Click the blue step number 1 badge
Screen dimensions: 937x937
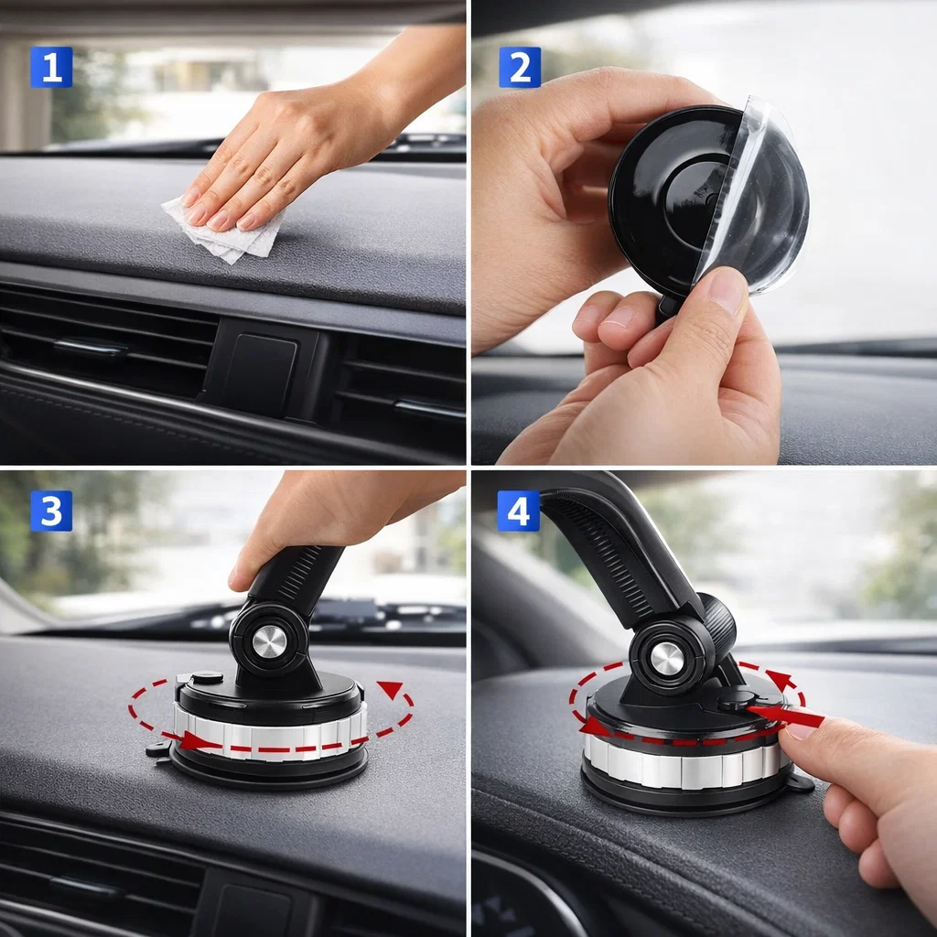coord(51,68)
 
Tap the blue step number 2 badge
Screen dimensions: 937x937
coord(520,68)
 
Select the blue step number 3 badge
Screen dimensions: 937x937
coord(51,511)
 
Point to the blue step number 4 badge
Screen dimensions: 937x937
coord(519,511)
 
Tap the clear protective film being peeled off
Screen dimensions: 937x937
coord(756,198)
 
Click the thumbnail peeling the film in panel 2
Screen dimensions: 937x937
coord(727,290)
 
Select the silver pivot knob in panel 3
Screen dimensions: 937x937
coord(269,642)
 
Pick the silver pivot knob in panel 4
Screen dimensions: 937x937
coord(667,659)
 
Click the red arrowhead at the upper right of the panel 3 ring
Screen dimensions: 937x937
coord(390,689)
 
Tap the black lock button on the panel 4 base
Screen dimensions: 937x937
coord(737,700)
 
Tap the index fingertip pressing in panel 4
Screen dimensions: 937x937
coord(798,732)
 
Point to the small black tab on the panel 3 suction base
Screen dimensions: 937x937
coord(158,749)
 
